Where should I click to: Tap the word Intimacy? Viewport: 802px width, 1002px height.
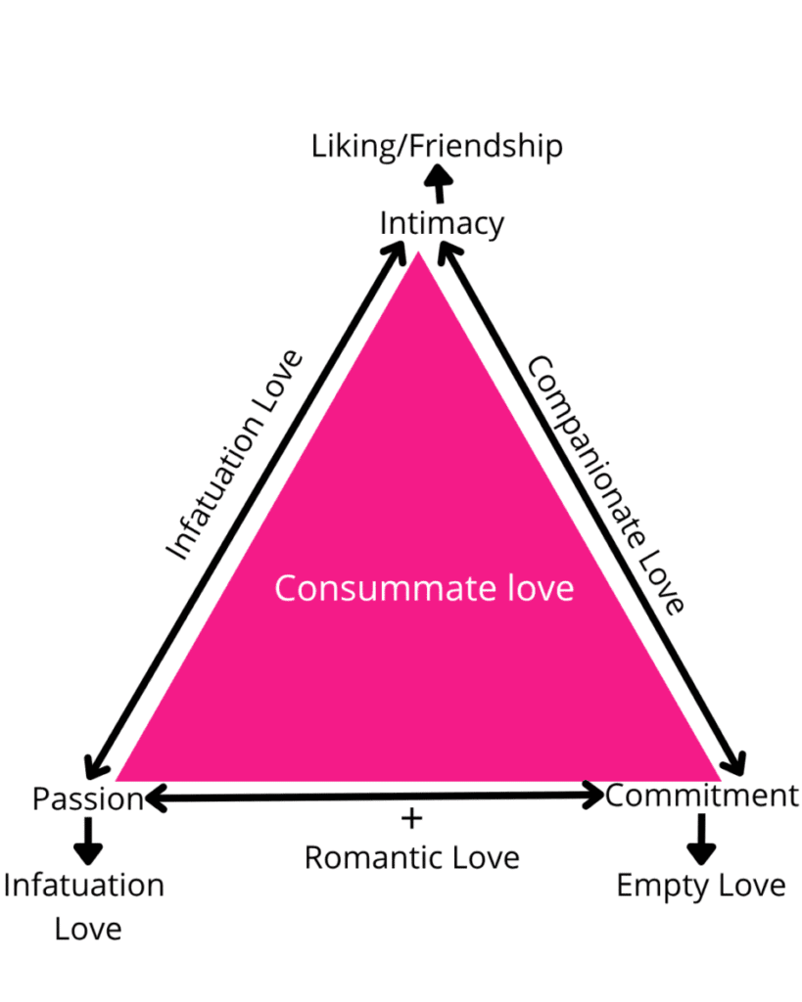pos(442,224)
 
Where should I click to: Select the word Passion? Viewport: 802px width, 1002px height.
pos(88,798)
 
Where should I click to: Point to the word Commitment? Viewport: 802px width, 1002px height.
pos(701,797)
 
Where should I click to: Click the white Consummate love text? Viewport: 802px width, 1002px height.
pos(424,588)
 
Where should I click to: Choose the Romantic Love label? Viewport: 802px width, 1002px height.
pos(412,857)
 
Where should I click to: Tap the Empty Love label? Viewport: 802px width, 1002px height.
pos(701,887)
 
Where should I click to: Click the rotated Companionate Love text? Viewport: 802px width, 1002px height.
pos(605,485)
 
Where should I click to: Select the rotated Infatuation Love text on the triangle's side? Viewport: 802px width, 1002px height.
pos(233,455)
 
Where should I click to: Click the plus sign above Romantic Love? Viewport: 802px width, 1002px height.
pos(412,819)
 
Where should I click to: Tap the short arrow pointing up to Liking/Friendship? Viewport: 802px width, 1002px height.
pos(439,183)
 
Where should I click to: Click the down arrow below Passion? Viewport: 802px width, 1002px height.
pos(88,841)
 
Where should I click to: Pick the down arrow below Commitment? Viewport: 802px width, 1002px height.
pos(701,839)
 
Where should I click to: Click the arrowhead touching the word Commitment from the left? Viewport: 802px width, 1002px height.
pos(594,795)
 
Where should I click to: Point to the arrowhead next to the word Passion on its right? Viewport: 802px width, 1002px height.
pos(156,797)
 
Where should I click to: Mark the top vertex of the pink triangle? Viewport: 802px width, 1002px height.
pos(418,251)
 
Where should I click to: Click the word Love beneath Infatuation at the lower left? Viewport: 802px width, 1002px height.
pos(88,930)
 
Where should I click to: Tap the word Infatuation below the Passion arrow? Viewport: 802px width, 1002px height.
pos(84,886)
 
